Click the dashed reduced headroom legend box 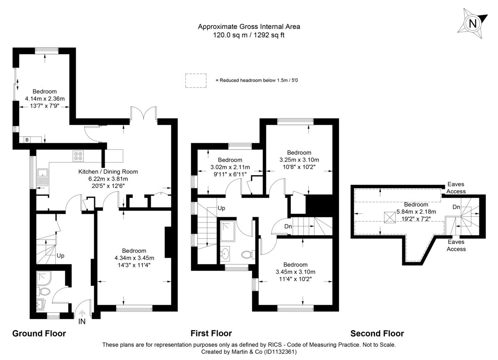[x=195, y=80]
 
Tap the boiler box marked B [x=27, y=140]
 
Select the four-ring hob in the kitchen [x=78, y=156]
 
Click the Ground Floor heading [x=39, y=333]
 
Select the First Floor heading [x=211, y=333]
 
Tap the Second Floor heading [x=377, y=333]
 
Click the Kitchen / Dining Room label [x=108, y=171]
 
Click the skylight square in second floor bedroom [x=390, y=217]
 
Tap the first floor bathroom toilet [x=247, y=253]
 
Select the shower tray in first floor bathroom [x=228, y=231]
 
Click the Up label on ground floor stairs [x=61, y=255]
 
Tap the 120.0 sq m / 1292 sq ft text [x=249, y=35]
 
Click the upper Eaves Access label [x=456, y=188]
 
